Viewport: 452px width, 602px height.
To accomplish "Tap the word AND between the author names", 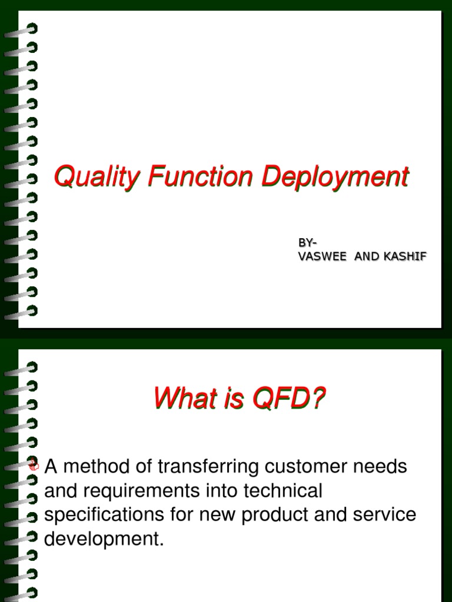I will [x=365, y=256].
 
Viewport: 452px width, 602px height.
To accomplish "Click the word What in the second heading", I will [x=181, y=400].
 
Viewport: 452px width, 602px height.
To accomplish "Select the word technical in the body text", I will [x=282, y=490].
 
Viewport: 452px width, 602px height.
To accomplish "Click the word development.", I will [x=103, y=539].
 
